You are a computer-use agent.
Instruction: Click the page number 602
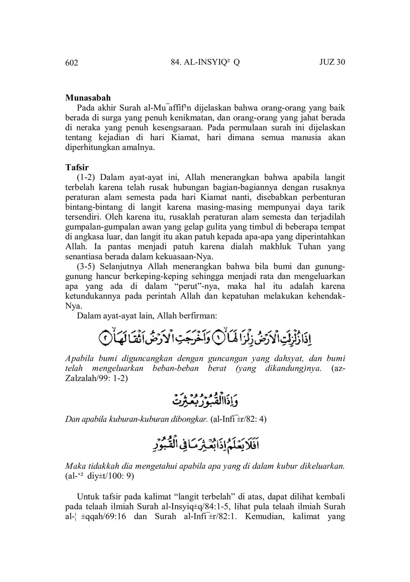coord(71,63)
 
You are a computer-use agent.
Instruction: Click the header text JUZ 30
coord(332,62)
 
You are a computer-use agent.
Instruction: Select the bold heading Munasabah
coord(88,98)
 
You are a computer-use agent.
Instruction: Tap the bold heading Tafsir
coord(77,167)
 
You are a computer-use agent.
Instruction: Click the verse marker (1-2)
coord(86,177)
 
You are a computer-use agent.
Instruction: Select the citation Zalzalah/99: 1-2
coord(96,378)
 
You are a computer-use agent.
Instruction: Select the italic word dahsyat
coord(286,359)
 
